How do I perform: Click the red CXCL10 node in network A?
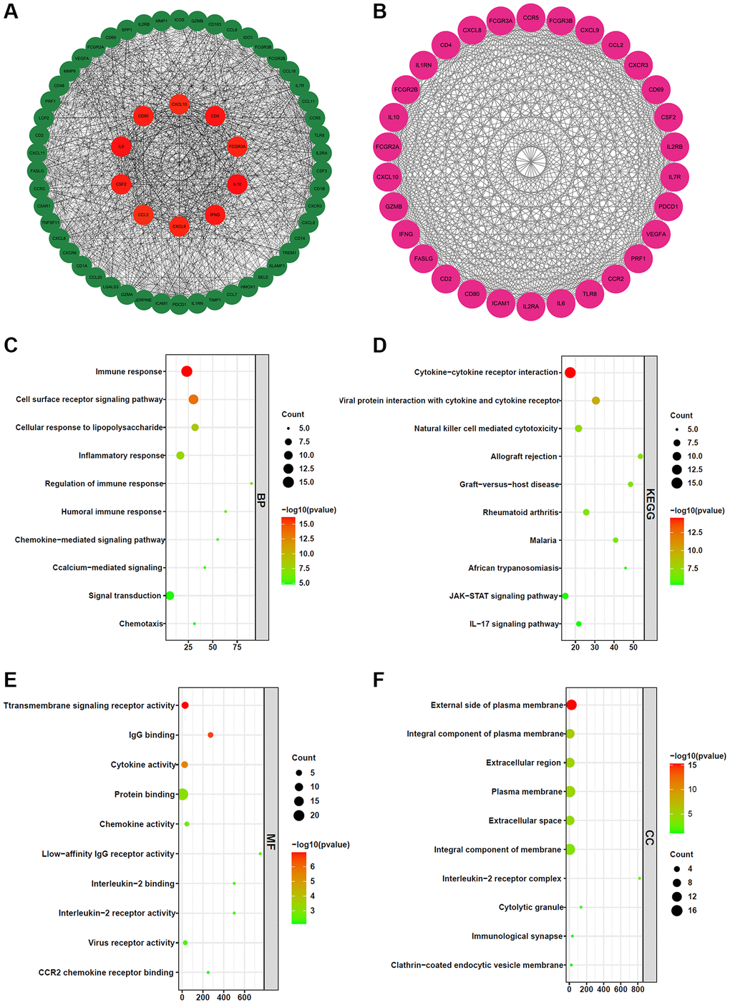pos(179,104)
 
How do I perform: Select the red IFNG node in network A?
pos(215,215)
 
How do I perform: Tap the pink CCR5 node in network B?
pos(530,18)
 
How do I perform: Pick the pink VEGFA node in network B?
pos(656,234)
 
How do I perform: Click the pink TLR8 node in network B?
pos(590,294)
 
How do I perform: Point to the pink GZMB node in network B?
pos(394,207)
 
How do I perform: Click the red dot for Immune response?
pos(187,371)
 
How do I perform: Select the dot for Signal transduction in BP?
pos(170,595)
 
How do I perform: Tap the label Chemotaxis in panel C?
pos(141,624)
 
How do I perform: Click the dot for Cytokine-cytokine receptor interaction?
pos(570,373)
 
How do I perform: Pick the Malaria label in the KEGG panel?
pos(543,541)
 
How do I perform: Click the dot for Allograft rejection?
pos(641,456)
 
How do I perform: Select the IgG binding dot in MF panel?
pos(210,735)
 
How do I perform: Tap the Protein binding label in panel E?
pos(145,795)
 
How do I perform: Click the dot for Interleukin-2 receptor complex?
pos(639,878)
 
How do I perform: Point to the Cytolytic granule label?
pos(531,908)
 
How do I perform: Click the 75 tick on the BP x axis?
pos(237,647)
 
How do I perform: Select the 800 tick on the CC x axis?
pos(638,989)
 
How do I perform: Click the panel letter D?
pos(380,345)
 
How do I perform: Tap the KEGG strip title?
pos(651,504)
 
